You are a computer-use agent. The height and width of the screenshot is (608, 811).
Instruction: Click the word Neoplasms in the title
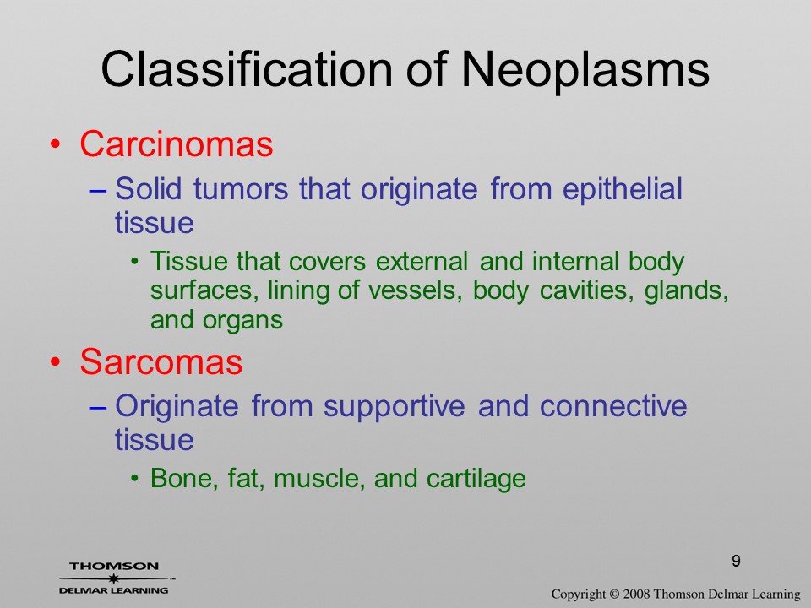click(585, 69)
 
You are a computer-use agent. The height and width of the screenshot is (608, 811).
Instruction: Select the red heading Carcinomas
click(177, 144)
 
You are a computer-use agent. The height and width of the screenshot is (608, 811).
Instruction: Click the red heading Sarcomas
click(161, 361)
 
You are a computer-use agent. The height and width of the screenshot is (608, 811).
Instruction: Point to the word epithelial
click(623, 189)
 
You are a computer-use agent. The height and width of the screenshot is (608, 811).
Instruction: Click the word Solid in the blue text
click(148, 188)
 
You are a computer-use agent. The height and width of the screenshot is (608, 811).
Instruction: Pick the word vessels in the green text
click(415, 290)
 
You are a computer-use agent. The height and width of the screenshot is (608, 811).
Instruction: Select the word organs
click(242, 321)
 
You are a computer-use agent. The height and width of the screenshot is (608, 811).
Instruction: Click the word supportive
click(395, 407)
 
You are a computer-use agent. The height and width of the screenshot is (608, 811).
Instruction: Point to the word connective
click(613, 406)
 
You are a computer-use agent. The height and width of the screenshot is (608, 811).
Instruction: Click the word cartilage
click(476, 479)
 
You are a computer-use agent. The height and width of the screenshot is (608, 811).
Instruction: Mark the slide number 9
click(736, 561)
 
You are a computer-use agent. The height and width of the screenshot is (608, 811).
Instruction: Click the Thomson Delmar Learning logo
click(116, 578)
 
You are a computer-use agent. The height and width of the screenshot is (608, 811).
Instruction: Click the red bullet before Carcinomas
click(56, 144)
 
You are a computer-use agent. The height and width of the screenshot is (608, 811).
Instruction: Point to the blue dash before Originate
click(98, 407)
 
